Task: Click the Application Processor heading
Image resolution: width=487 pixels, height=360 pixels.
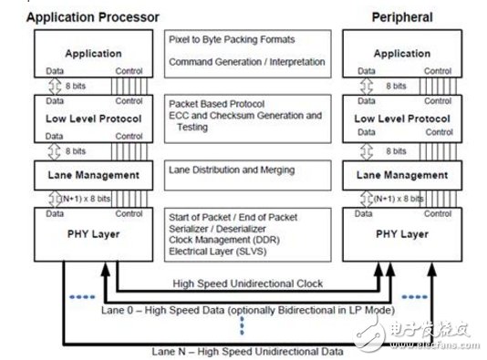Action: click(92, 17)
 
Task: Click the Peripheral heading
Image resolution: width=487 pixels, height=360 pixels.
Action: click(402, 17)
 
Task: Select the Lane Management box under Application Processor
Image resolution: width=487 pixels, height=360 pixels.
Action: click(94, 175)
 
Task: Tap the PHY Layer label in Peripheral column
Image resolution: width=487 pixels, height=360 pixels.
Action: click(402, 234)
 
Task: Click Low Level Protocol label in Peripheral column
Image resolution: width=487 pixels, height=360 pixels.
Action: click(402, 118)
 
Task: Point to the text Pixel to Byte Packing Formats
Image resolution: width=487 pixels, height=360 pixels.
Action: click(232, 40)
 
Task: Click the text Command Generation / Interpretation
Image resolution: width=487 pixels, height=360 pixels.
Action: click(247, 62)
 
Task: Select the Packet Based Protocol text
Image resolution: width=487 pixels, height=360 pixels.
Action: click(216, 104)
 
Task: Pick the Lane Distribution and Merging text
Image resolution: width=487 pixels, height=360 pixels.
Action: click(232, 170)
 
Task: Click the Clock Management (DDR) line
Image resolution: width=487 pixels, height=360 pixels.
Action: click(224, 240)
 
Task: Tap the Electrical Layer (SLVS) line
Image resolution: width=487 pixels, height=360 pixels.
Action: click(218, 251)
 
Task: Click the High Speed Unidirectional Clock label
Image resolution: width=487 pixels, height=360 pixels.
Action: click(248, 283)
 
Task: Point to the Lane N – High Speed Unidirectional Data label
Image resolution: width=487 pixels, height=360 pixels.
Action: click(247, 352)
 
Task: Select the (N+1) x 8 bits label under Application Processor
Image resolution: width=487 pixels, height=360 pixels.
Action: click(86, 199)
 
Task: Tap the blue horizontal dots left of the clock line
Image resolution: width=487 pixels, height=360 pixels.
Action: click(82, 297)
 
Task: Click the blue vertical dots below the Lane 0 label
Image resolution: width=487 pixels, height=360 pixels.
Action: click(243, 326)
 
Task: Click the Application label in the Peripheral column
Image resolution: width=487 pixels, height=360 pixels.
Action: click(402, 54)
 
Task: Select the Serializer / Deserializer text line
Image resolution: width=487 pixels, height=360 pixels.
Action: click(217, 229)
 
